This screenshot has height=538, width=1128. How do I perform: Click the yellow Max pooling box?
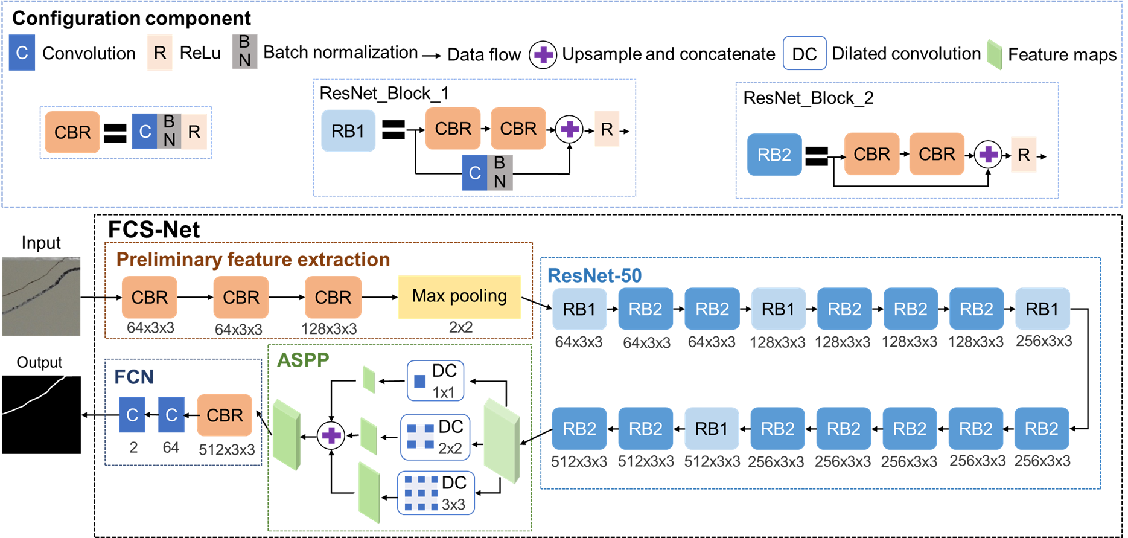click(x=459, y=296)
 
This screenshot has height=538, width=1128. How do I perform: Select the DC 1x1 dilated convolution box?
click(x=435, y=381)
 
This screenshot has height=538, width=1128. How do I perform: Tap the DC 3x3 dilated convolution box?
click(x=435, y=493)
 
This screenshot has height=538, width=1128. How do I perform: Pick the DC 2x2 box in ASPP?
click(x=435, y=437)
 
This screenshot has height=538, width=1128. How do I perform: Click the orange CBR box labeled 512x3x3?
click(x=225, y=415)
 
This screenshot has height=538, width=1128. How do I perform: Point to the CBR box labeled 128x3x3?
click(x=333, y=297)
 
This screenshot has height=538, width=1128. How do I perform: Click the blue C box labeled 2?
click(x=132, y=415)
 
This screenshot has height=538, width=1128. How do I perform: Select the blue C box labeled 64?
click(x=171, y=415)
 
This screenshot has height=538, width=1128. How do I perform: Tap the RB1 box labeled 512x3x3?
click(x=712, y=429)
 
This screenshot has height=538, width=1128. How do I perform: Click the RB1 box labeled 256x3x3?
click(x=1042, y=309)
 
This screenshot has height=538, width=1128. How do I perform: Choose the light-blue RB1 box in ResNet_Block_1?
click(x=348, y=130)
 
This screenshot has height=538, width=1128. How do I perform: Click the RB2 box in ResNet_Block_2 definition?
click(x=774, y=155)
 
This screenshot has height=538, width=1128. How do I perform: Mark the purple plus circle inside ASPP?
click(x=331, y=435)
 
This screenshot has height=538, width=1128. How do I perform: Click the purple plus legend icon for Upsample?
click(x=543, y=55)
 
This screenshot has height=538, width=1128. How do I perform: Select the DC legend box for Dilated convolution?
click(x=804, y=54)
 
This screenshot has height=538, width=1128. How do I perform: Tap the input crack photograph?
click(x=41, y=296)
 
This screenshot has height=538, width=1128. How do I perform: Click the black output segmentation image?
click(x=41, y=415)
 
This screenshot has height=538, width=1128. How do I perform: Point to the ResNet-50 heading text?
click(x=594, y=275)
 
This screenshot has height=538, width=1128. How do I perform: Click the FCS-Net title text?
click(x=154, y=230)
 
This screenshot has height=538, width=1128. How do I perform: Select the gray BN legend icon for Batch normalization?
click(x=244, y=51)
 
